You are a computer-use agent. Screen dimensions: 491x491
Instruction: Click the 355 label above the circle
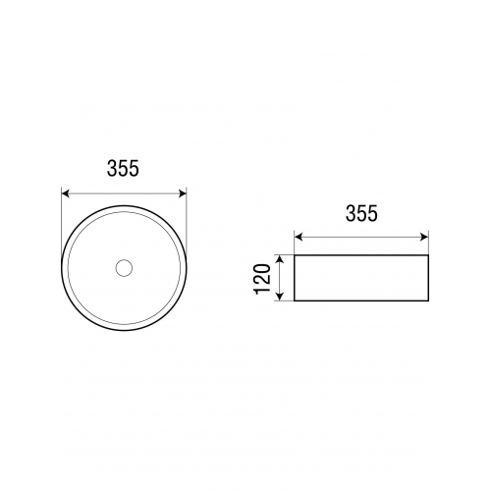[123, 169]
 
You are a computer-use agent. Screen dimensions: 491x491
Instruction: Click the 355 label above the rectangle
[361, 213]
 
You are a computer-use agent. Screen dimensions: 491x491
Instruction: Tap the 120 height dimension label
[262, 278]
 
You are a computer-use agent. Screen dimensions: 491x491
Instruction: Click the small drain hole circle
[124, 268]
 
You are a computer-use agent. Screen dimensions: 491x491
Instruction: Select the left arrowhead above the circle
[65, 193]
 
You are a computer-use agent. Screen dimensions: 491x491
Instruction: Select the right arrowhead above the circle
[183, 193]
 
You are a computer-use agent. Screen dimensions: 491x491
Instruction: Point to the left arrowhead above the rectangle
[298, 237]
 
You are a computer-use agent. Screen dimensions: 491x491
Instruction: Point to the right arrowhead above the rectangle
[425, 237]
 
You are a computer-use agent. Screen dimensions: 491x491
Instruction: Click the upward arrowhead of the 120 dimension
[279, 258]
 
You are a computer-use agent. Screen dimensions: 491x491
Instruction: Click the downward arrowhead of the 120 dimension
[279, 297]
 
